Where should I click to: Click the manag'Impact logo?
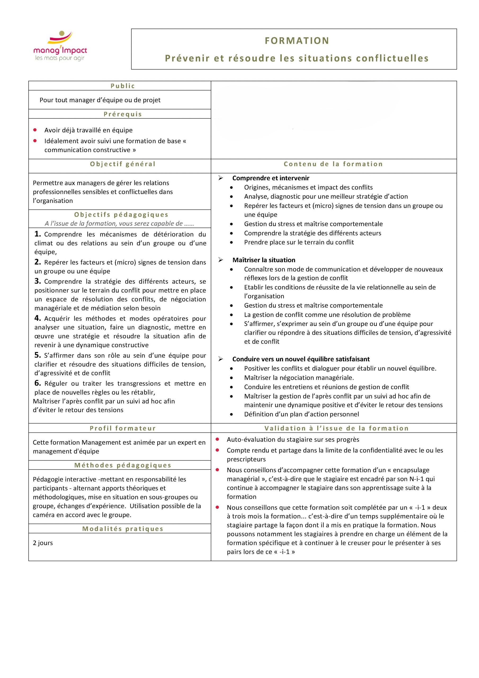[x=60, y=46]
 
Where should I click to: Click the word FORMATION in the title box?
[x=297, y=41]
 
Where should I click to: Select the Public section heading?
[x=123, y=86]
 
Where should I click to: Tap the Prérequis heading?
[x=123, y=114]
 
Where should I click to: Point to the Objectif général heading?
[x=123, y=164]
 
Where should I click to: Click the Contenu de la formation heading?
[x=333, y=164]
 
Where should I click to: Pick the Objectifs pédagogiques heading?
[x=121, y=215]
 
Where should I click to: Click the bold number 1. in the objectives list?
[x=38, y=234]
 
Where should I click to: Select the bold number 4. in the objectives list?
[x=38, y=318]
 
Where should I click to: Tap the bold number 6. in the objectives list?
[x=38, y=383]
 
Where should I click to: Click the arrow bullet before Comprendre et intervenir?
[x=221, y=178]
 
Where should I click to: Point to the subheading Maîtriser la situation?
[x=264, y=260]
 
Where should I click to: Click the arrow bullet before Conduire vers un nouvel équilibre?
[x=221, y=359]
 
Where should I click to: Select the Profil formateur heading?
[x=123, y=429]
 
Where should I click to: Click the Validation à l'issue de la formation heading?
[x=336, y=429]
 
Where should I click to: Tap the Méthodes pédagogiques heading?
[x=123, y=465]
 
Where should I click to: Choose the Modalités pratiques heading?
[x=123, y=529]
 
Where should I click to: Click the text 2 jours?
[x=43, y=543]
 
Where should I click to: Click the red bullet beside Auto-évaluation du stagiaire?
[x=217, y=439]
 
